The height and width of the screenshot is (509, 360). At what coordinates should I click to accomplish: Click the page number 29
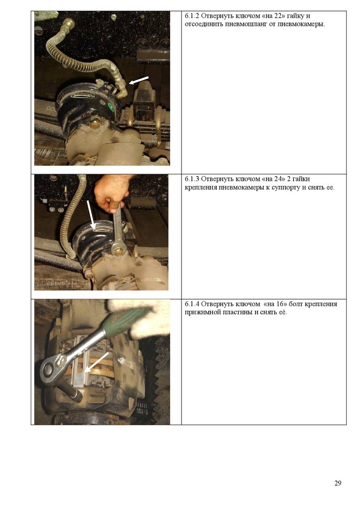tap(338, 483)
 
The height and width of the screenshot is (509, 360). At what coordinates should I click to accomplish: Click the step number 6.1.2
tap(191, 15)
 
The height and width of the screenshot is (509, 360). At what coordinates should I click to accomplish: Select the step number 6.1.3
tap(191, 179)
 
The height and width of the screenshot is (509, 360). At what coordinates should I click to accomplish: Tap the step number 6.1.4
tap(191, 304)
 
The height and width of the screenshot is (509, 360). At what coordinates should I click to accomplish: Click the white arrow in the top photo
tap(139, 81)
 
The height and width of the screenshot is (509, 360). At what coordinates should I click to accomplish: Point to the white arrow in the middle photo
tap(91, 215)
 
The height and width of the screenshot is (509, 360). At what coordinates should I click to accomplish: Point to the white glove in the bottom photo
tap(143, 317)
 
